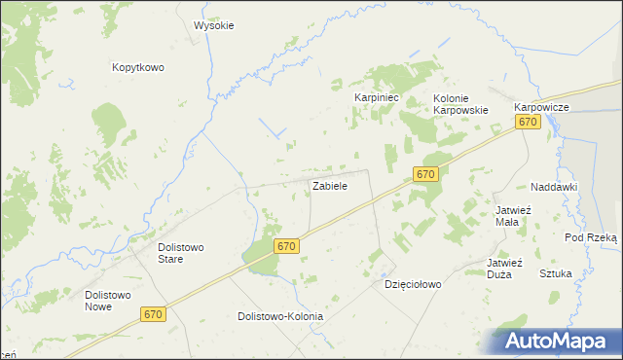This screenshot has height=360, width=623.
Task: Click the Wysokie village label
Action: [x=214, y=25]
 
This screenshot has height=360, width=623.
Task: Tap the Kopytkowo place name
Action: [x=137, y=67]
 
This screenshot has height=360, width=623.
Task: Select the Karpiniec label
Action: [x=377, y=98]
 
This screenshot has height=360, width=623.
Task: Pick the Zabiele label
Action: [x=330, y=184]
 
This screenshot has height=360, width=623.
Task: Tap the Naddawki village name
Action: [x=555, y=186]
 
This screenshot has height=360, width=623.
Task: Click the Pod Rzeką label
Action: [x=591, y=237]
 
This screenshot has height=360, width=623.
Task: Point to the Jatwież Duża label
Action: [x=505, y=268]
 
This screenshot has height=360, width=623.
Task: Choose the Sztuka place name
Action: [x=556, y=273]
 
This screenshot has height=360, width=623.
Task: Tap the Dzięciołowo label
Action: [x=413, y=285]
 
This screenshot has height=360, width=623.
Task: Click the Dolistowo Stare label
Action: [x=181, y=252]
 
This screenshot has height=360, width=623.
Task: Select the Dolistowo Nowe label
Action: [x=112, y=300]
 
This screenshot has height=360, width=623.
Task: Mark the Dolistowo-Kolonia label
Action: [x=280, y=316]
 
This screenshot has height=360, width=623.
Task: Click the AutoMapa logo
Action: [x=552, y=341]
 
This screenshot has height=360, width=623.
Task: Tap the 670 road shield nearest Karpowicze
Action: [x=528, y=122]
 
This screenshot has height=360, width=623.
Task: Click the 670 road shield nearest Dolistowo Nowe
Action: [x=152, y=314]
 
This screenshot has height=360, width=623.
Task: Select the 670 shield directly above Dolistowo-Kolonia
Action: [x=285, y=246]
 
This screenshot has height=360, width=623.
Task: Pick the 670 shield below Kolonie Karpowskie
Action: [x=424, y=173]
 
